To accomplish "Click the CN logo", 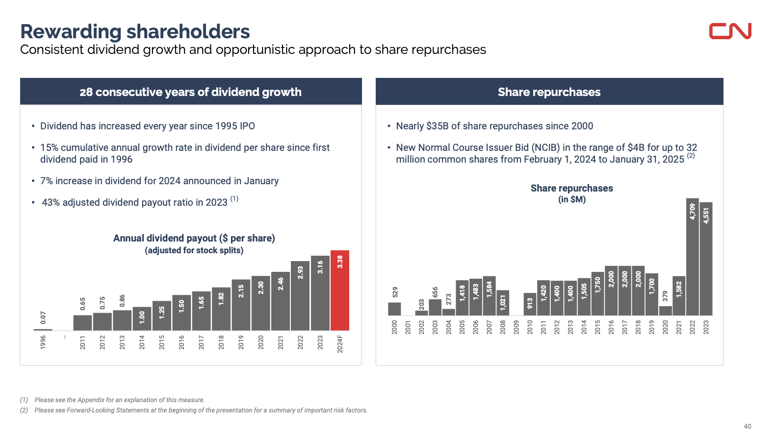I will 730,31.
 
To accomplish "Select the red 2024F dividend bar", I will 339,291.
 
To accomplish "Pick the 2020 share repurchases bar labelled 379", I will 665,311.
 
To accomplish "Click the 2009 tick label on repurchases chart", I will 516,327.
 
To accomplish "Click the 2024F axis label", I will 340,343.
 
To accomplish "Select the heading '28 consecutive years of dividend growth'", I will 190,92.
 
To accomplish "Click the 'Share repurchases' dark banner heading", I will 549,92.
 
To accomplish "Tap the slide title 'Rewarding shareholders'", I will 135,31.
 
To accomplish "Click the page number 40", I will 747,426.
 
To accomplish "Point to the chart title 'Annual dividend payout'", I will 194,238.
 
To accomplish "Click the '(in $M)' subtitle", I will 571,199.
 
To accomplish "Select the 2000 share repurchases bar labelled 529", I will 394,309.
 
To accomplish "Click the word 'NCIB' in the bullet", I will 545,147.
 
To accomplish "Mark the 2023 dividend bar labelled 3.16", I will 320,293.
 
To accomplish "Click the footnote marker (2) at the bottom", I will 24,410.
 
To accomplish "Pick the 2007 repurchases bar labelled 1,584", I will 489,296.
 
